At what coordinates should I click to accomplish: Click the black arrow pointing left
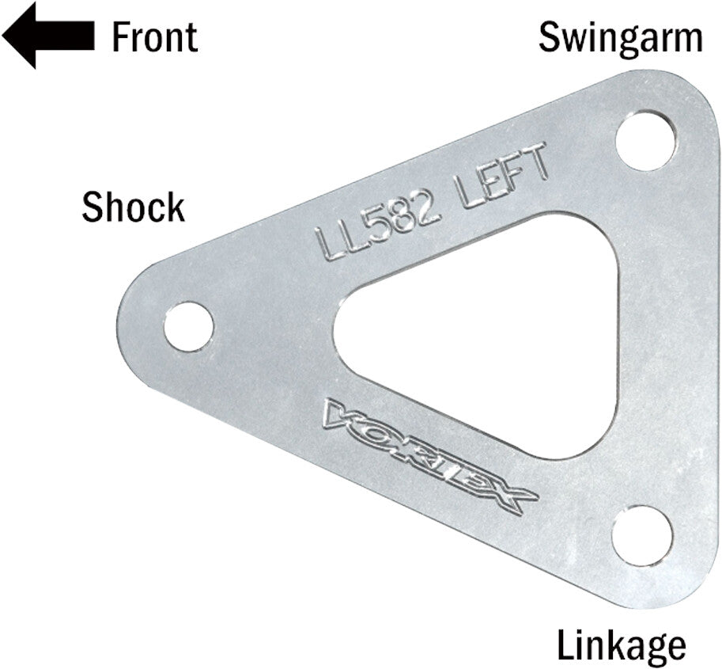click(x=47, y=35)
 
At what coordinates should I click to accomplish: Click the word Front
click(x=154, y=36)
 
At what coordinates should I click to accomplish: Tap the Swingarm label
click(x=620, y=37)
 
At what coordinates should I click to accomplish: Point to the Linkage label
click(x=621, y=645)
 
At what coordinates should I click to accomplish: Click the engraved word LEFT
click(x=502, y=174)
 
